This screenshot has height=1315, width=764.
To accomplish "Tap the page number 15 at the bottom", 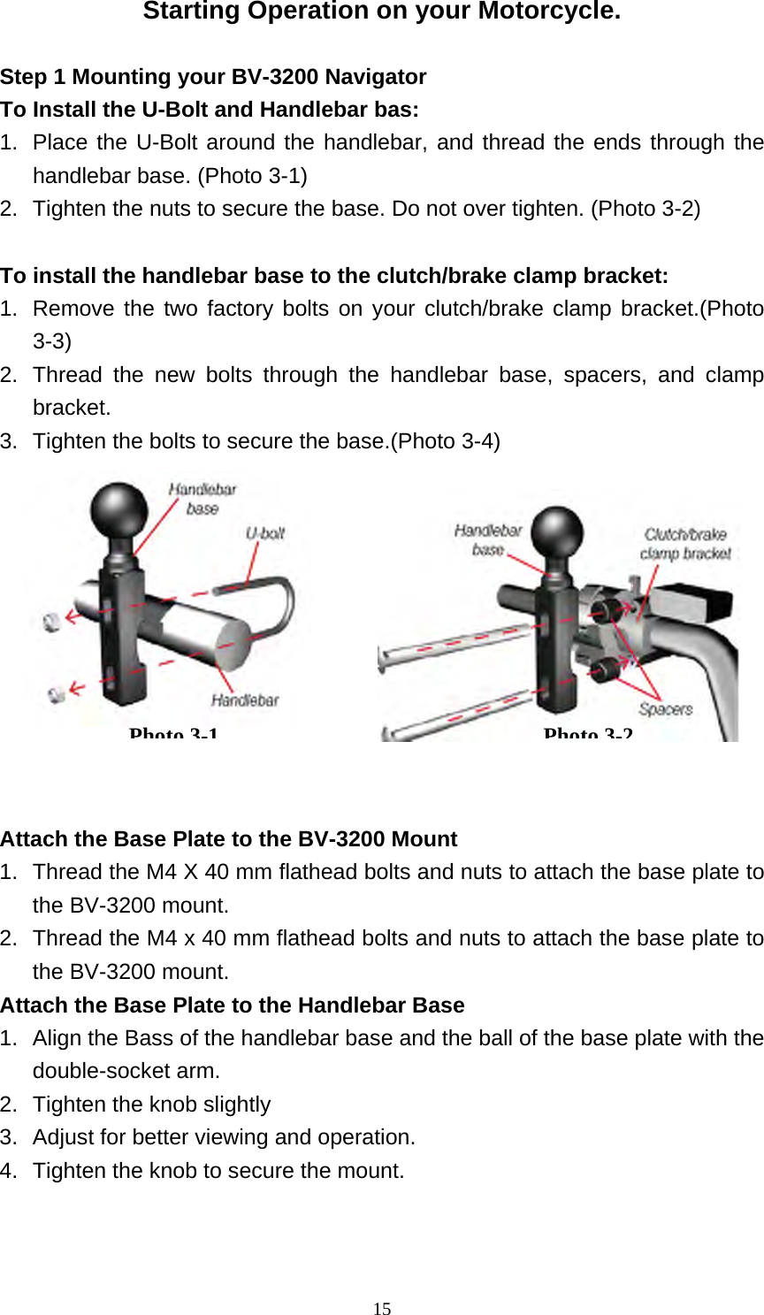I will click(x=382, y=1309).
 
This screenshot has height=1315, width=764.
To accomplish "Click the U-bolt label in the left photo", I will click(x=265, y=533).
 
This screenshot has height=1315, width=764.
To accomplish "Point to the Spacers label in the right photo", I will click(x=666, y=709).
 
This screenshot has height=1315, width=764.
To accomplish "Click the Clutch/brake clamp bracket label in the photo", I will click(x=685, y=544).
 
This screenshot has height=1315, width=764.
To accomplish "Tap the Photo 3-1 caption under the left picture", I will click(x=173, y=734).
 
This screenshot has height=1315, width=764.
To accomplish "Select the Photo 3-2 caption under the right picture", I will click(x=588, y=734).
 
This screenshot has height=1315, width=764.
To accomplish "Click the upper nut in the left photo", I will click(x=51, y=622).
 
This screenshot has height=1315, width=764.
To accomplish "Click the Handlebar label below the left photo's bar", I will click(x=245, y=700).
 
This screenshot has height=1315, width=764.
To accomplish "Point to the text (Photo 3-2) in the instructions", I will click(x=646, y=209).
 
